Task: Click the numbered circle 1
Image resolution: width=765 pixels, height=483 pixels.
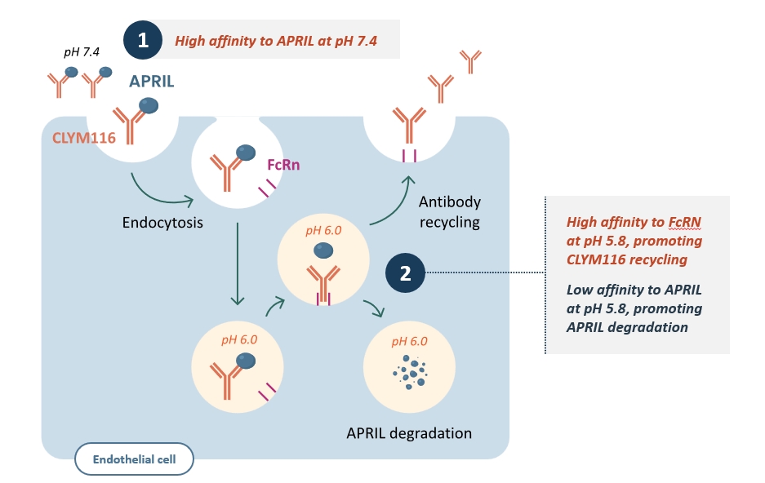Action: coord(143,40)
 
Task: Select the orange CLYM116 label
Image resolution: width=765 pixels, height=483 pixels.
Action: coord(84,138)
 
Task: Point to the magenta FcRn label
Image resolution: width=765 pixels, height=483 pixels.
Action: coord(284,165)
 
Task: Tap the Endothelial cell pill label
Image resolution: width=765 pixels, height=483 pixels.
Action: coord(136,459)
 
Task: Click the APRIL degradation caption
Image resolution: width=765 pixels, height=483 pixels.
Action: coord(411,432)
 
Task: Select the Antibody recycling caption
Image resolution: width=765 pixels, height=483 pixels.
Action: coord(449,211)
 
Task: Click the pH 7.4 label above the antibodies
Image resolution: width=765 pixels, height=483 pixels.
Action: coord(81,52)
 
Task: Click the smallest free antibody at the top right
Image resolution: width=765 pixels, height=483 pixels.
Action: coord(470,59)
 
